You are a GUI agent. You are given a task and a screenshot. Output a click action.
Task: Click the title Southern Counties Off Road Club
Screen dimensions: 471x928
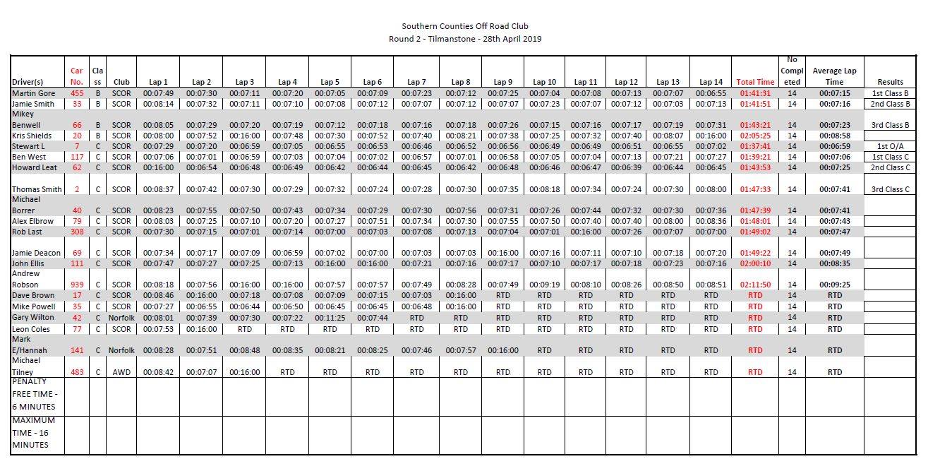point(464,26)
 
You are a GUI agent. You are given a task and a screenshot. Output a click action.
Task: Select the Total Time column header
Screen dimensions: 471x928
point(755,82)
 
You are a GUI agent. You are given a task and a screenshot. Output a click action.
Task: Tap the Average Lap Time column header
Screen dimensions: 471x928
point(834,76)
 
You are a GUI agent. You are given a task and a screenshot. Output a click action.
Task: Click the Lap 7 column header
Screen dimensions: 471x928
point(417,82)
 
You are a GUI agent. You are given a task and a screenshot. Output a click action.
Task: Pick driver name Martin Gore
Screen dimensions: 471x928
point(33,93)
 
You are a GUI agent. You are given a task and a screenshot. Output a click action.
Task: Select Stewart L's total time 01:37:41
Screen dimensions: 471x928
point(755,146)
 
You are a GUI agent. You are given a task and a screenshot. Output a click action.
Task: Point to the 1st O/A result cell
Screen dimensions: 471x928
point(890,146)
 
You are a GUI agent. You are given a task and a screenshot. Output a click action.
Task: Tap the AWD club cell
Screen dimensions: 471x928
point(121,372)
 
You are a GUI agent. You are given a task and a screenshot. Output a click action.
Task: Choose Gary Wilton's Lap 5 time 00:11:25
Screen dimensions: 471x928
point(330,318)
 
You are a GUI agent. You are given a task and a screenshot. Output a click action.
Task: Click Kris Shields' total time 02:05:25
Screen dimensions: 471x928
point(755,136)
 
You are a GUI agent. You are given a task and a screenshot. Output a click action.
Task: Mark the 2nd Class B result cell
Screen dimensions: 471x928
point(890,104)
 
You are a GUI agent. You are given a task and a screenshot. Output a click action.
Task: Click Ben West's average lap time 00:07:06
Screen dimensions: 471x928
point(834,157)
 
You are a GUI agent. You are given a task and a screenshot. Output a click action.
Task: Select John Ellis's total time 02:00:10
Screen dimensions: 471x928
point(755,263)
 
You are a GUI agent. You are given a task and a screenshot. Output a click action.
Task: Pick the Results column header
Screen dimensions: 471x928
point(890,82)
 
